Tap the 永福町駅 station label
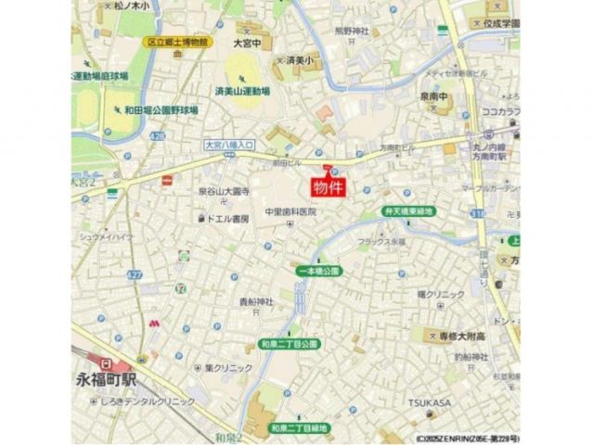(108, 380)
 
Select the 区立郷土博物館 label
(179, 43)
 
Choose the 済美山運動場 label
(242, 93)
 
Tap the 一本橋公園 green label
(319, 271)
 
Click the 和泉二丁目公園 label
(290, 344)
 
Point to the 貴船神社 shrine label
(256, 303)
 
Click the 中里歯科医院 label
(291, 212)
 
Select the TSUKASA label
(429, 402)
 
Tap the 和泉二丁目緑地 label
(299, 427)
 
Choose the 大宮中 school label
(247, 43)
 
